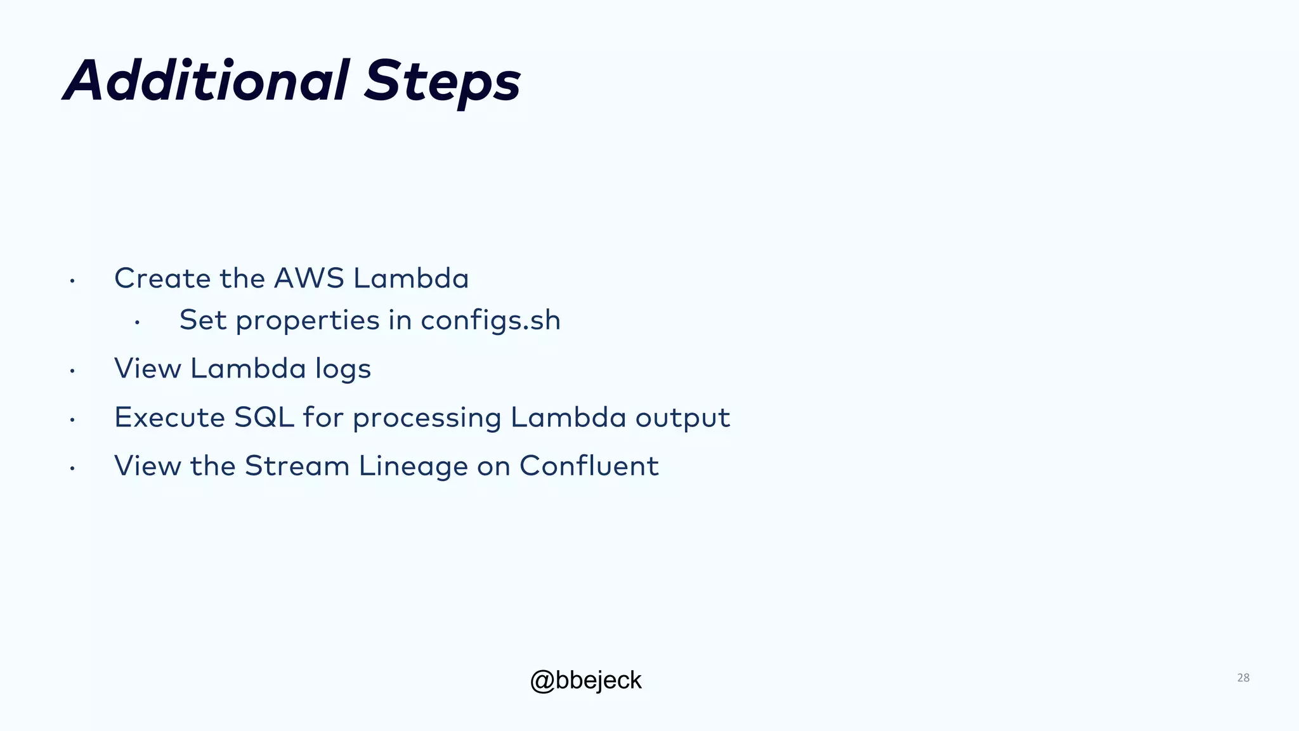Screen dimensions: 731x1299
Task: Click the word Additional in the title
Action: (206, 81)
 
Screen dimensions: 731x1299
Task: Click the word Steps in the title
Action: (442, 82)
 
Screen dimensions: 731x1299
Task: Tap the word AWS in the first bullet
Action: (309, 279)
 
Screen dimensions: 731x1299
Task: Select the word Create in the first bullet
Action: (162, 279)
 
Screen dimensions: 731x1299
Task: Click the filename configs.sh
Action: (490, 320)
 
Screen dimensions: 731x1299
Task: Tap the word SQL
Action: (264, 418)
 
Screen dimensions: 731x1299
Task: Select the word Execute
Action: (169, 418)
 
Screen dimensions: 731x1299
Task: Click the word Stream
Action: (297, 466)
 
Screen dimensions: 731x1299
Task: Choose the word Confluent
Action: (589, 466)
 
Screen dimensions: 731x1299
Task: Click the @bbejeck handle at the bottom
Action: (585, 680)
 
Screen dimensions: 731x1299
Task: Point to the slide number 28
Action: (1243, 678)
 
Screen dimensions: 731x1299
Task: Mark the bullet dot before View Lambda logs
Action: (73, 371)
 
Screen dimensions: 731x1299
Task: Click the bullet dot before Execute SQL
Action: (73, 420)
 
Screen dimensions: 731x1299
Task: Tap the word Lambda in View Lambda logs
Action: (248, 369)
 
